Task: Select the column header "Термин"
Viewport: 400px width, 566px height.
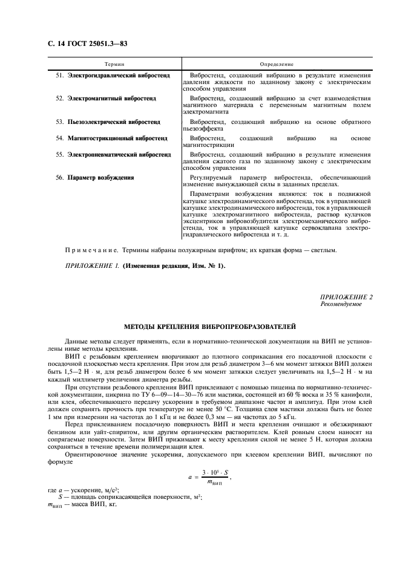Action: point(114,64)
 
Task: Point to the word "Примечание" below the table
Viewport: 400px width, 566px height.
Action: point(90,249)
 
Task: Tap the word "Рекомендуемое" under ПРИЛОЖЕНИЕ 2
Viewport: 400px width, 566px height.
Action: point(341,304)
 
